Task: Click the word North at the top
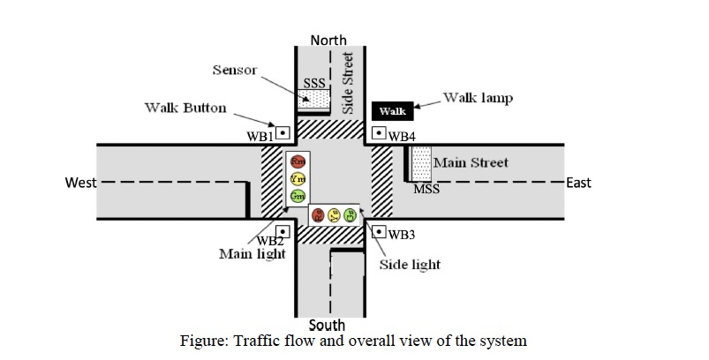pyautogui.click(x=328, y=40)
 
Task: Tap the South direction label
pyautogui.click(x=327, y=326)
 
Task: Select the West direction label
pyautogui.click(x=81, y=183)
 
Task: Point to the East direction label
pyautogui.click(x=579, y=183)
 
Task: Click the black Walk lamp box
pyautogui.click(x=392, y=111)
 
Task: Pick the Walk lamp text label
pyautogui.click(x=478, y=97)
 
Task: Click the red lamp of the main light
pyautogui.click(x=298, y=162)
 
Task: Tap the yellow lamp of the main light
pyautogui.click(x=298, y=178)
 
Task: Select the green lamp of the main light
pyautogui.click(x=298, y=194)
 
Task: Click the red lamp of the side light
pyautogui.click(x=319, y=214)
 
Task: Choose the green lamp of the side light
pyautogui.click(x=351, y=214)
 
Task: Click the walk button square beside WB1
pyautogui.click(x=283, y=133)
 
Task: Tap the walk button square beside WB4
pyautogui.click(x=379, y=133)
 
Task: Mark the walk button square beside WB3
pyautogui.click(x=379, y=232)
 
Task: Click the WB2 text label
pyautogui.click(x=270, y=241)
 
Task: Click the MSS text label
pyautogui.click(x=426, y=189)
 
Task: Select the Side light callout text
pyautogui.click(x=409, y=264)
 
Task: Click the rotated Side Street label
pyautogui.click(x=347, y=82)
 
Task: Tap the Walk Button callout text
pyautogui.click(x=185, y=109)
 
